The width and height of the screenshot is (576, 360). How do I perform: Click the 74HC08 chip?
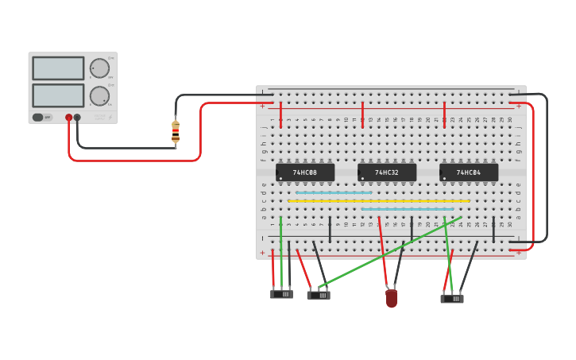click(x=305, y=172)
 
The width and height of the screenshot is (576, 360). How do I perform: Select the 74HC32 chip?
click(x=387, y=172)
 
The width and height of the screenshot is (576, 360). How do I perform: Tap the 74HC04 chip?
click(x=469, y=172)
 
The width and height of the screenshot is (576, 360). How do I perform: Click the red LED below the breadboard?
click(x=391, y=298)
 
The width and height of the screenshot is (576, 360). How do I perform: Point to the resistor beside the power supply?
click(x=176, y=132)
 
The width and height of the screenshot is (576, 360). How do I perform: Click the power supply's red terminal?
click(x=69, y=118)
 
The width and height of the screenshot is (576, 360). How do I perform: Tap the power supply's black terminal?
click(x=77, y=118)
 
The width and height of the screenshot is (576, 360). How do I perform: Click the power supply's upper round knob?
click(x=99, y=68)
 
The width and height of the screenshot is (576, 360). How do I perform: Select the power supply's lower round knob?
click(x=99, y=96)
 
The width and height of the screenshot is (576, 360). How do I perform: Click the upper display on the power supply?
click(x=58, y=68)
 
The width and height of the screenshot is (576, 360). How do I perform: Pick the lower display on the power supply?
click(x=58, y=95)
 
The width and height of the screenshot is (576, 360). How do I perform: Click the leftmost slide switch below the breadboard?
click(x=281, y=294)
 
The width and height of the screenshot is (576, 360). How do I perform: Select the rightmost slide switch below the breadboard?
click(x=452, y=299)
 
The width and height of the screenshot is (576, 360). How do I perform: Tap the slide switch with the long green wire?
click(x=319, y=295)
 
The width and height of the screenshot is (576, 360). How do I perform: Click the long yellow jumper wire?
click(x=378, y=201)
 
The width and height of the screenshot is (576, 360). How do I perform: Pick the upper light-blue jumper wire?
click(x=334, y=192)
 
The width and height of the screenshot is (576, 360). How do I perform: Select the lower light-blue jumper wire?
click(x=407, y=209)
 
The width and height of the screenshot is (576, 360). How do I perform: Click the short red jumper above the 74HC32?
click(x=362, y=114)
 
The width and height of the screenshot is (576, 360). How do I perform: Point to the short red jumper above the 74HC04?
click(x=444, y=114)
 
